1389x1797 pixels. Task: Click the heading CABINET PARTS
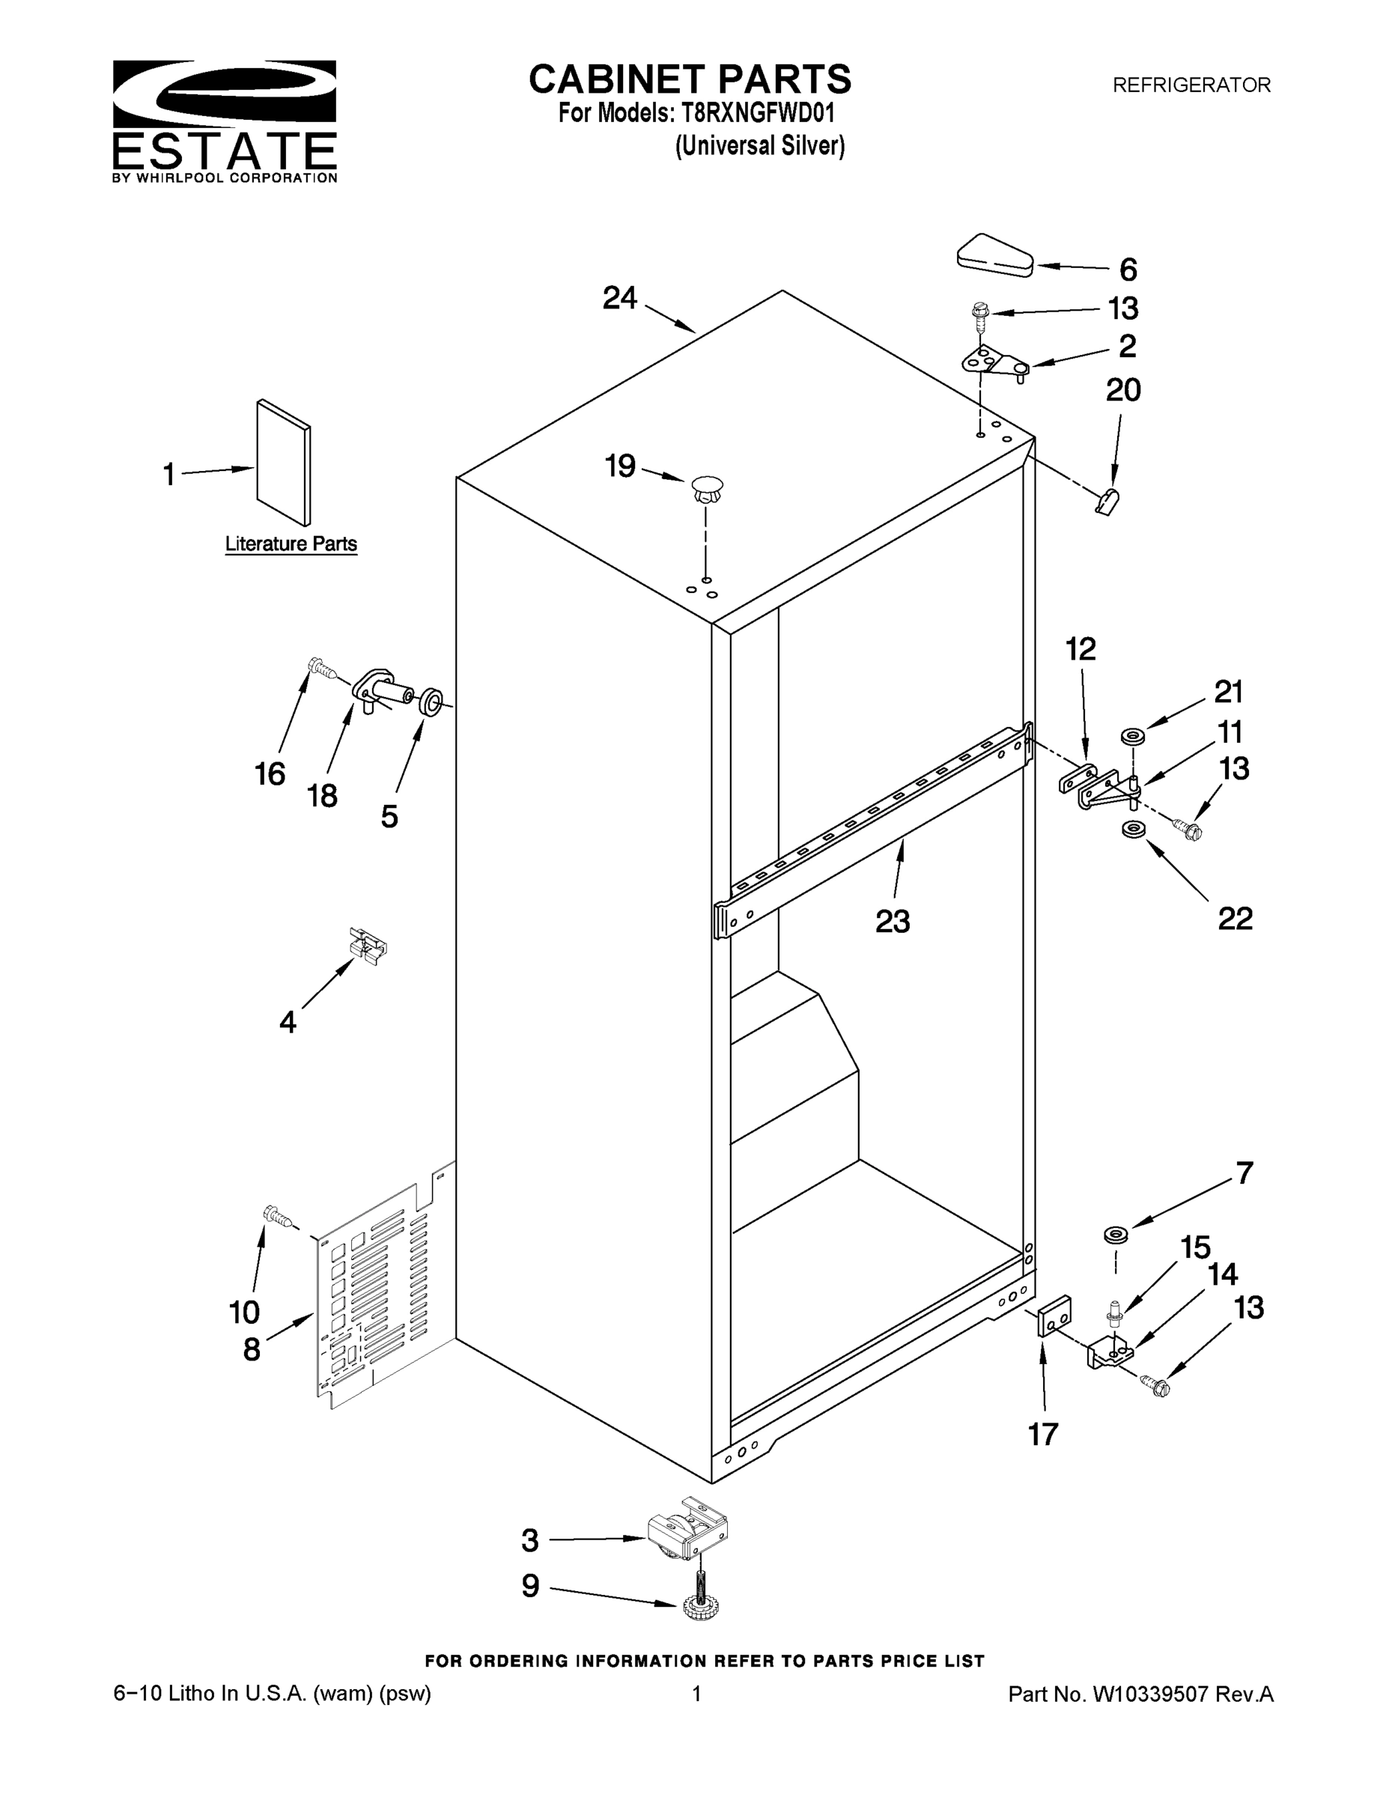[690, 80]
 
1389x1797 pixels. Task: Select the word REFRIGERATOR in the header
[1191, 85]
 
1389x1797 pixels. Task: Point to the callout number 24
[619, 298]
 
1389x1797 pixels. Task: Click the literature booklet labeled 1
[283, 463]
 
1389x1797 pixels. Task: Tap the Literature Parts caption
[291, 544]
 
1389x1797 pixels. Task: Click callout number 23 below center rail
[892, 922]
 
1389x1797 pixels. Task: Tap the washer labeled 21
[1133, 735]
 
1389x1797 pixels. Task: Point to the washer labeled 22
[1133, 830]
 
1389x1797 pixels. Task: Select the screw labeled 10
[277, 1215]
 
